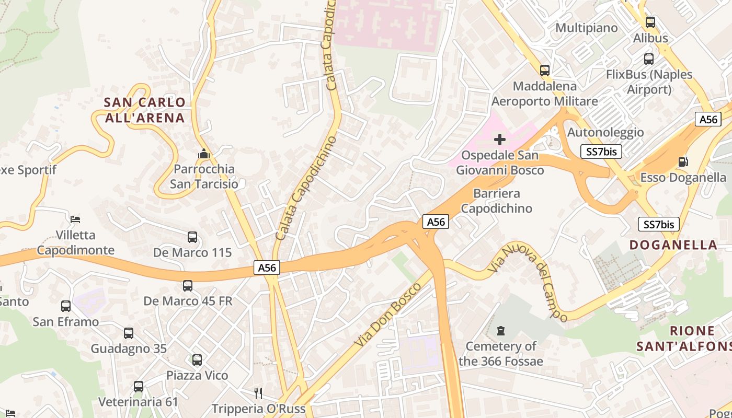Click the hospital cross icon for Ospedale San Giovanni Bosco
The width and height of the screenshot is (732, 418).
click(x=500, y=140)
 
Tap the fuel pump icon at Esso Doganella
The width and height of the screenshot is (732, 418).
click(x=683, y=162)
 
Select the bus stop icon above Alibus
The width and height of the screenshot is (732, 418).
click(x=650, y=22)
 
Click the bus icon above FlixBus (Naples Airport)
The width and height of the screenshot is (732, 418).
click(x=649, y=59)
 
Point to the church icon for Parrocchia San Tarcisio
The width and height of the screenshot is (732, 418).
click(x=204, y=154)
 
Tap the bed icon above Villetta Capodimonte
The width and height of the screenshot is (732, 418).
click(x=75, y=219)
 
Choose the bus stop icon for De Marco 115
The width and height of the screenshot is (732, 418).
click(x=192, y=237)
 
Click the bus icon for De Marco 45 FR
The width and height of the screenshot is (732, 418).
click(x=188, y=286)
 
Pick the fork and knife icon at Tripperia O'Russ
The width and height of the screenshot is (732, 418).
click(x=258, y=392)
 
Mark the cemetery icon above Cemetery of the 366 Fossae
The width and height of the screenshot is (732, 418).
click(x=501, y=331)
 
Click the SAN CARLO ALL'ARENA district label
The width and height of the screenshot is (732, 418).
click(x=145, y=110)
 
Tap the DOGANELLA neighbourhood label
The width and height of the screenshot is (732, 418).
click(x=673, y=245)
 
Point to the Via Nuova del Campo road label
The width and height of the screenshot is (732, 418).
click(x=528, y=282)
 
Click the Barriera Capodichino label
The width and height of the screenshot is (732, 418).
click(x=496, y=201)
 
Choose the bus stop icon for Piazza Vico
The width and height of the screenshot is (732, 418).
click(x=197, y=360)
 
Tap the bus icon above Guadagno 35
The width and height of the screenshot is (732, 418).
click(x=129, y=333)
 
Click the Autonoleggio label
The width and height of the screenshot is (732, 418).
click(x=605, y=132)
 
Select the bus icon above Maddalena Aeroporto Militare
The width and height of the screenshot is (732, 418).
click(x=545, y=71)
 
